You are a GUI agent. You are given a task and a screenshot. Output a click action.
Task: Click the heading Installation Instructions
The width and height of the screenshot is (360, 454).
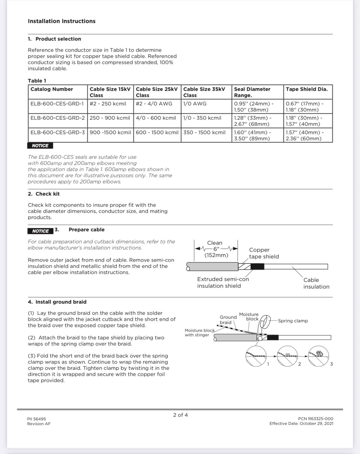62,21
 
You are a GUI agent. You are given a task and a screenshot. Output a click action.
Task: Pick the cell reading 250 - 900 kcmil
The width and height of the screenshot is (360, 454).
110,118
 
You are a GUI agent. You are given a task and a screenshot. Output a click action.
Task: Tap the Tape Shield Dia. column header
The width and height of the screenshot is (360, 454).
306,89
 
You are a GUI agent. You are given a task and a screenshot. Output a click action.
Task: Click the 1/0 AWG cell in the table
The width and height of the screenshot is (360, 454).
195,104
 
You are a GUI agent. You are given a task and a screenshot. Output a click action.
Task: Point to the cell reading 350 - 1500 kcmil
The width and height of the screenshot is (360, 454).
204,133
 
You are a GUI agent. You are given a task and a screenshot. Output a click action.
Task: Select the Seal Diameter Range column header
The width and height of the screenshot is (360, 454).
252,92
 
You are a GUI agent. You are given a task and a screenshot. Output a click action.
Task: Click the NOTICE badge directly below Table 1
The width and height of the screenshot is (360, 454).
40,146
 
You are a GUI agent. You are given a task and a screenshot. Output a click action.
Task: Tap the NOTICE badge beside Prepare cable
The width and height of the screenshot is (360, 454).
40,231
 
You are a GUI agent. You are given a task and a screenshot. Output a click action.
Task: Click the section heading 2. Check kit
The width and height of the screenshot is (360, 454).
44,194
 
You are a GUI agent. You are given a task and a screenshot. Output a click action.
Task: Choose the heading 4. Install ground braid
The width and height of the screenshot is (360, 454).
57,302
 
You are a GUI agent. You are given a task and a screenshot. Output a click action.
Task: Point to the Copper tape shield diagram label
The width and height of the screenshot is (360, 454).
264,253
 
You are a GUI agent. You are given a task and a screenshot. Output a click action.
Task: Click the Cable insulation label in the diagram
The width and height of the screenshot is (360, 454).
316,283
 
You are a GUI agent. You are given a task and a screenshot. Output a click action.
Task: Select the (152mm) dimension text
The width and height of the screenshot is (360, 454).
216,255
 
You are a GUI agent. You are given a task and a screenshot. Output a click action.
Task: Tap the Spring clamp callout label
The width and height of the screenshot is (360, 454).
293,321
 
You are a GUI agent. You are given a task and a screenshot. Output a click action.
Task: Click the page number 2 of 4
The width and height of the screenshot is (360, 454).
181,415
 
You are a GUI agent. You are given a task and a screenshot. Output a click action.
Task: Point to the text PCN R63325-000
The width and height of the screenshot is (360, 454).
315,419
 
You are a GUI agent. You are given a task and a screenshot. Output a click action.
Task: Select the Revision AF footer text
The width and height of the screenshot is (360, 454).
39,424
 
